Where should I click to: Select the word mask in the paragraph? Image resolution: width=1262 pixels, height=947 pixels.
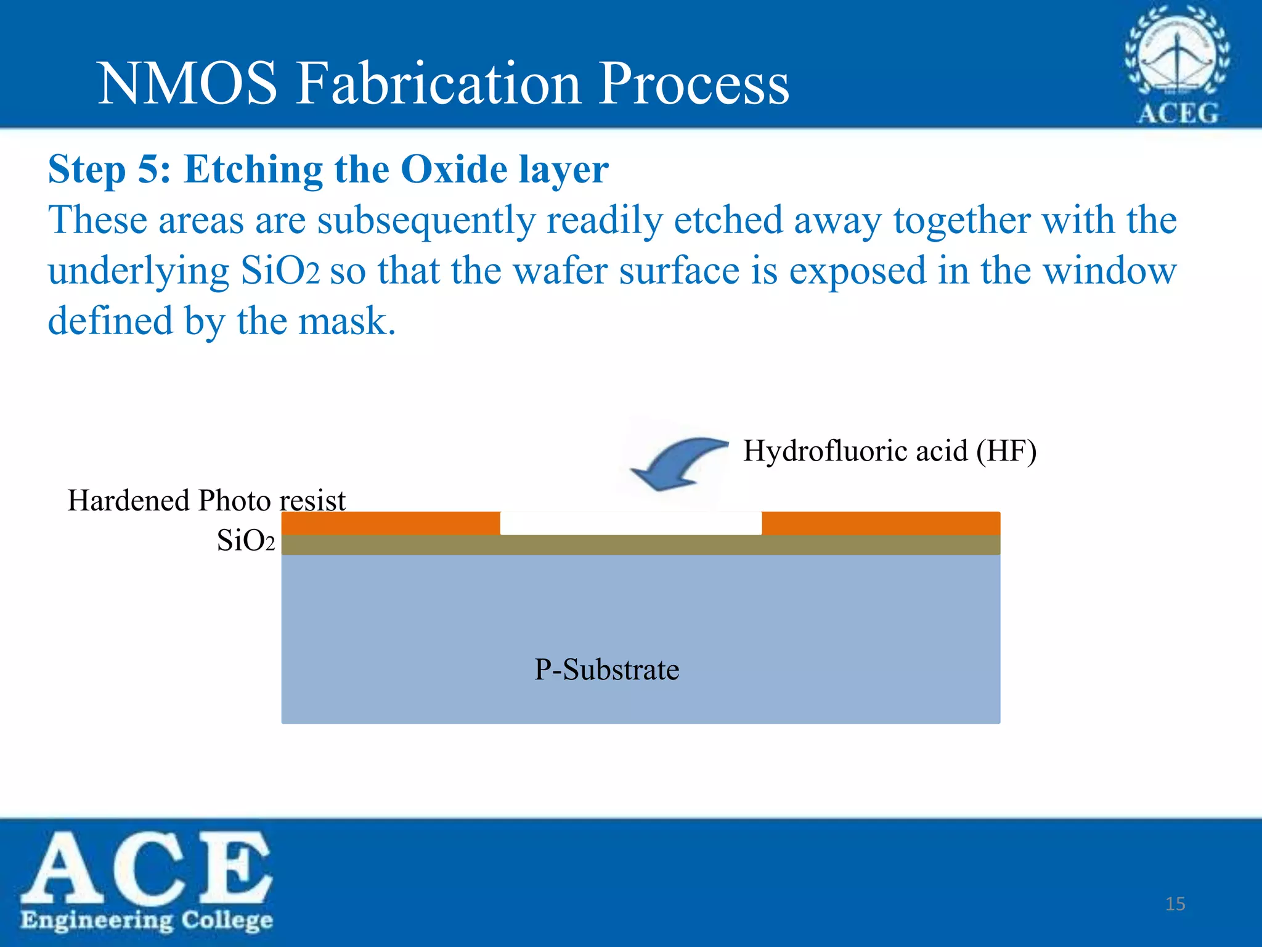pos(346,322)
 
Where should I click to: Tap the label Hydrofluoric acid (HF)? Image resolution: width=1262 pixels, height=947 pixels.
pos(889,451)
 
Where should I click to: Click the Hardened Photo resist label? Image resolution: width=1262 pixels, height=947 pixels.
pos(206,500)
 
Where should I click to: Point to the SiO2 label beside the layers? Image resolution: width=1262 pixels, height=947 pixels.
pos(245,541)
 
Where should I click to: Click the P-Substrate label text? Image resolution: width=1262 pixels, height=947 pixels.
pos(606,670)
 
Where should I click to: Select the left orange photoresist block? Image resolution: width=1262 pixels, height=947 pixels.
pos(390,523)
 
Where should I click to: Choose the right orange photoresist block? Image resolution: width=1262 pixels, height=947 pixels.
pos(881,523)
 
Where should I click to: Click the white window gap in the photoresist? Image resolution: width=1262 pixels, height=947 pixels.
pos(630,523)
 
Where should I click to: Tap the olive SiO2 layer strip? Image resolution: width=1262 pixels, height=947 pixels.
pos(640,545)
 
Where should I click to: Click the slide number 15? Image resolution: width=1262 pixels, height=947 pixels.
pos(1175,904)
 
